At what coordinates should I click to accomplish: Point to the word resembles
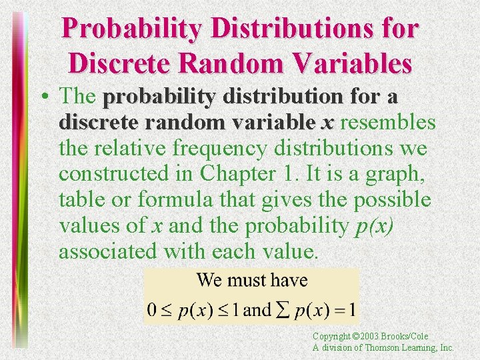pyautogui.click(x=388, y=123)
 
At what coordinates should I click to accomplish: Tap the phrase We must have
pyautogui.click(x=252, y=280)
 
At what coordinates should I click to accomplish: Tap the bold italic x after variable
pyautogui.click(x=327, y=123)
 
